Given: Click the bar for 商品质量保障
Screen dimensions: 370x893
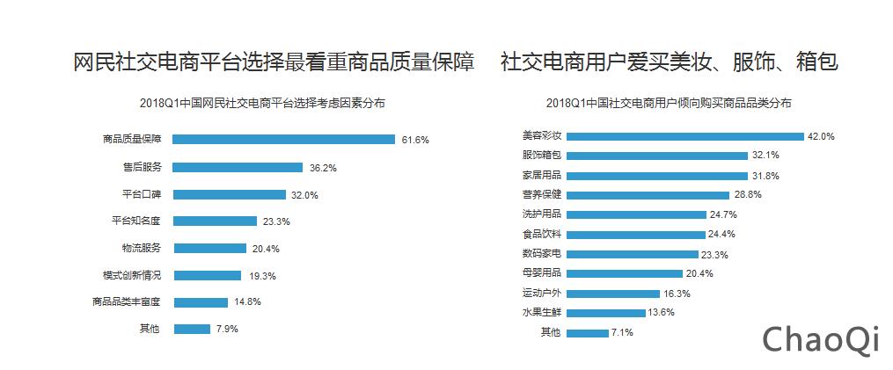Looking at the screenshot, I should [283, 139].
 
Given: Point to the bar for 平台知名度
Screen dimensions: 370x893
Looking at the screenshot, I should [215, 221].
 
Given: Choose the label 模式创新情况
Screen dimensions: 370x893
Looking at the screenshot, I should [132, 275].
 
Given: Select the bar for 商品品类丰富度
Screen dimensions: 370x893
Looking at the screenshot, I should [201, 302].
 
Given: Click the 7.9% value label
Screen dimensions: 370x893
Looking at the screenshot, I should [225, 330].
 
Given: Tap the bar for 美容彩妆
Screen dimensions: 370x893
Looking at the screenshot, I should [685, 136].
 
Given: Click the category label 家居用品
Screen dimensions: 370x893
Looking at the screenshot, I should [542, 175].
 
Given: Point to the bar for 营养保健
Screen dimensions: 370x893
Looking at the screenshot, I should [648, 195].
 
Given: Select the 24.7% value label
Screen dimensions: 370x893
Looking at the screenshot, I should [723, 214].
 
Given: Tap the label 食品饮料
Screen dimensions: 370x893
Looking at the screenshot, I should [542, 234].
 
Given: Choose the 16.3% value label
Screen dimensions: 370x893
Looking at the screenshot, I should [677, 294].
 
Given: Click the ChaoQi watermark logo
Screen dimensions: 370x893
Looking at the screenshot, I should [820, 339].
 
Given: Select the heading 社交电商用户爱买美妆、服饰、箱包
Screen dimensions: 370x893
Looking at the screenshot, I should [669, 63].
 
